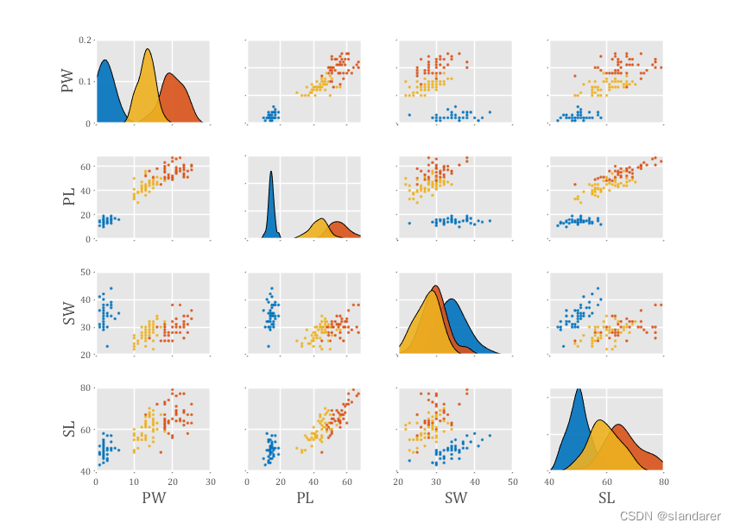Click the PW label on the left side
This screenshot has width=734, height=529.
[67, 83]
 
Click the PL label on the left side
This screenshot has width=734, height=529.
[67, 198]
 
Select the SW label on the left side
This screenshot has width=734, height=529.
[67, 313]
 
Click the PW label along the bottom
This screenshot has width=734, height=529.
[153, 498]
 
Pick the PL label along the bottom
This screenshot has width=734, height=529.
[305, 498]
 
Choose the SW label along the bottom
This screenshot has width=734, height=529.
[455, 498]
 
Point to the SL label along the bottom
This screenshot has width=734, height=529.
[606, 498]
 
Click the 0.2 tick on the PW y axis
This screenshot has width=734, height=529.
[84, 41]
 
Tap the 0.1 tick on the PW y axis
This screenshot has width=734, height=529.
[84, 82]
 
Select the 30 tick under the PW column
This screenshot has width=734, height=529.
[211, 482]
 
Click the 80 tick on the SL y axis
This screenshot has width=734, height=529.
[86, 387]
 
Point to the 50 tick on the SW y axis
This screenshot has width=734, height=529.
[86, 273]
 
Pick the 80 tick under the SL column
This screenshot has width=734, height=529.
[663, 482]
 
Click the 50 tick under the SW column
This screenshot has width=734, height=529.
[512, 482]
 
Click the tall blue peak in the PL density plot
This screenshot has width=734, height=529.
[271, 173]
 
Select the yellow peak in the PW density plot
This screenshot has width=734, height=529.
[148, 50]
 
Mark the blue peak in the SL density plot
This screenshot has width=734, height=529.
[578, 391]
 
